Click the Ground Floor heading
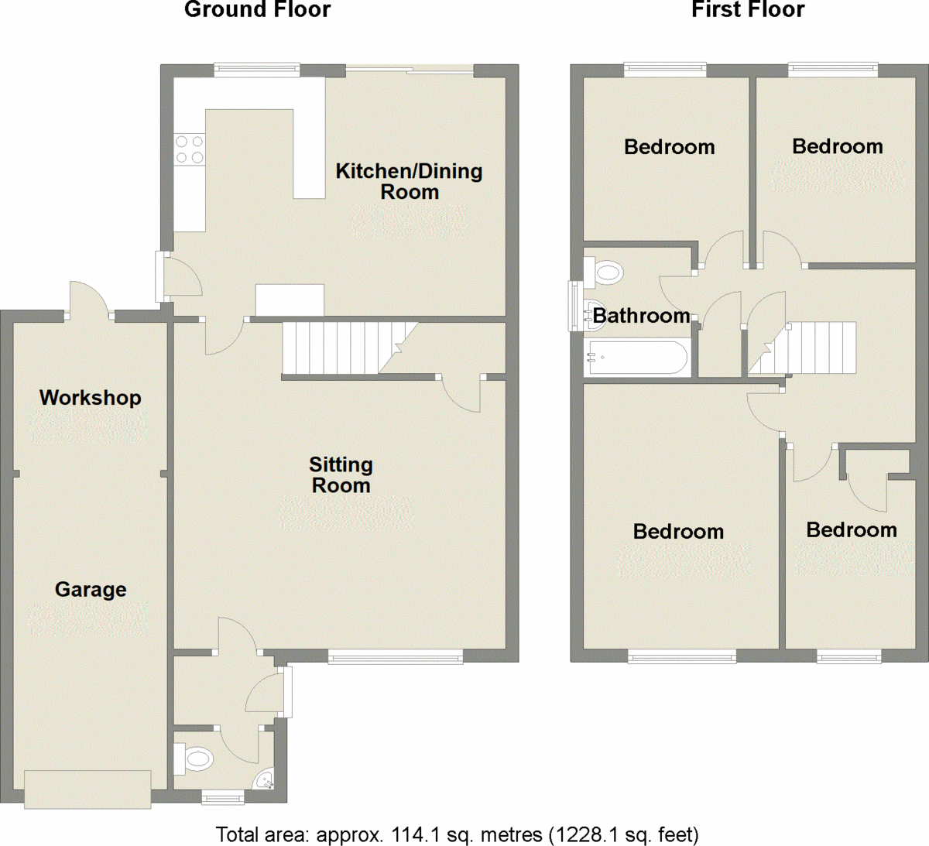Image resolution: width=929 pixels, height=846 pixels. pyautogui.click(x=257, y=10)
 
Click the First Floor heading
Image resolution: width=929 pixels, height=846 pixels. pyautogui.click(x=747, y=10)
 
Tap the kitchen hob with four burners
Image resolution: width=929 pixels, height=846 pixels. pyautogui.click(x=189, y=149)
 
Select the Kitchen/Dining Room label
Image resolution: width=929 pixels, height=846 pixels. pyautogui.click(x=409, y=181)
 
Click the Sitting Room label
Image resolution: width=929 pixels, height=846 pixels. pyautogui.click(x=341, y=474)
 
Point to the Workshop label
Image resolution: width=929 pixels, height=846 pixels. pyautogui.click(x=91, y=397)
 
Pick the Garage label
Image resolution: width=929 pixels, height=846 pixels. pyautogui.click(x=91, y=589)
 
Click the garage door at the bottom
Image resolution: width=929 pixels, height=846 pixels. pyautogui.click(x=87, y=789)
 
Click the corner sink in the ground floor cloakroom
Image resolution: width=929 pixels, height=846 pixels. pyautogui.click(x=266, y=779)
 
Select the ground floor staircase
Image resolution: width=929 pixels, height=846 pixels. pyautogui.click(x=341, y=348)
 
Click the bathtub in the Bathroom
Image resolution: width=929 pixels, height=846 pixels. pyautogui.click(x=637, y=358)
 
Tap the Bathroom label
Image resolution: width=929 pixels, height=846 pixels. pyautogui.click(x=641, y=315)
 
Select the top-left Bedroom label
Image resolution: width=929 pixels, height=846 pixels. pyautogui.click(x=669, y=146)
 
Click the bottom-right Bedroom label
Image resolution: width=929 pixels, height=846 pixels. pyautogui.click(x=851, y=529)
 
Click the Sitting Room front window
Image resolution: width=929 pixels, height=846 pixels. pyautogui.click(x=396, y=658)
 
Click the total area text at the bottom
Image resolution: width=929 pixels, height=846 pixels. pyautogui.click(x=457, y=834)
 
